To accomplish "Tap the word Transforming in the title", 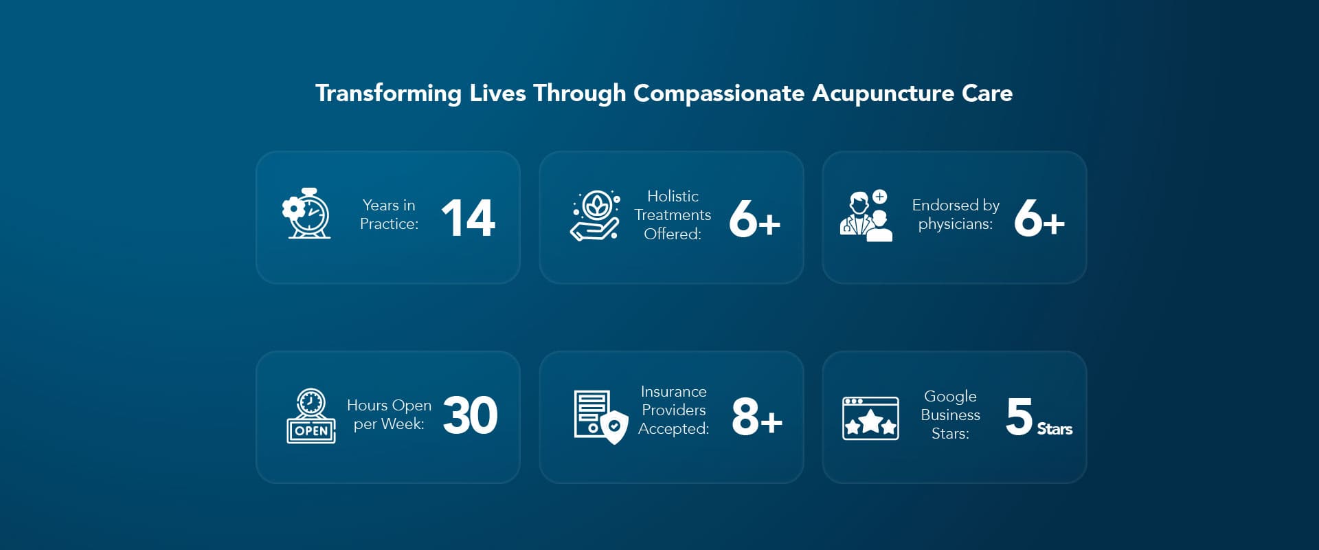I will (x=388, y=93).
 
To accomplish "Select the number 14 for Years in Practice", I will (x=468, y=218).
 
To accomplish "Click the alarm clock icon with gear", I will (x=306, y=214).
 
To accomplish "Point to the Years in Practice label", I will (x=389, y=214).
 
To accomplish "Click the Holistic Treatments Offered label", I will (x=673, y=215).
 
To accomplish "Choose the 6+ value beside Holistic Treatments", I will (x=754, y=219).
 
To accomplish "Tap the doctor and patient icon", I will (x=866, y=216).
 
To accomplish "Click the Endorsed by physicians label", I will (x=956, y=214).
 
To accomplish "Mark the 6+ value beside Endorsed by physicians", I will (x=1039, y=219).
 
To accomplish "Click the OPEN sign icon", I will (x=311, y=416).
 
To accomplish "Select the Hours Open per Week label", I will (x=389, y=415).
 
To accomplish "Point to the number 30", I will (x=470, y=416).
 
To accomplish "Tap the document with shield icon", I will (x=600, y=417).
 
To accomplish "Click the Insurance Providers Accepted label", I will (x=673, y=410).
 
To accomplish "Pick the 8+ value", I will (x=756, y=417).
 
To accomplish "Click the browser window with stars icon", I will (x=870, y=418).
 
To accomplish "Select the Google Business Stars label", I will (x=950, y=415).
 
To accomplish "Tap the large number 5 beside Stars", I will (x=1019, y=417).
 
